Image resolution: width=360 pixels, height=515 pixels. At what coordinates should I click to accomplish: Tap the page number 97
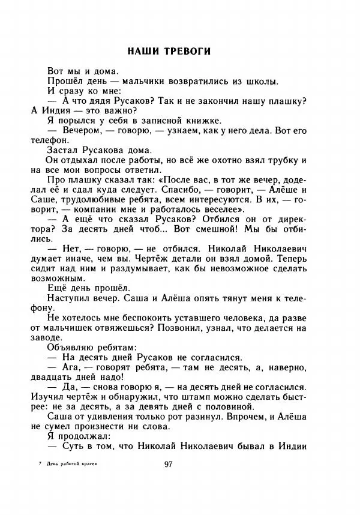[x=169, y=464]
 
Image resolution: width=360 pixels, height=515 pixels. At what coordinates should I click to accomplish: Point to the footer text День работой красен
[x=71, y=464]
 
